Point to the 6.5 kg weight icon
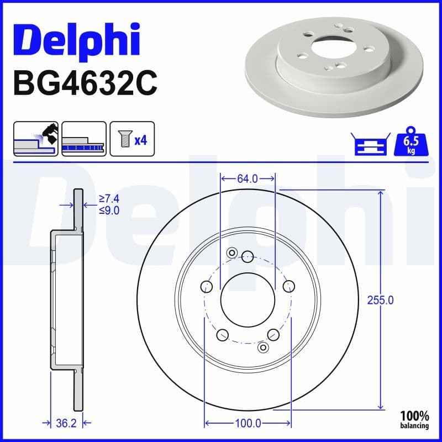coord(410,143)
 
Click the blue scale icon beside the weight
coord(369,144)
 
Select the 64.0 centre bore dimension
coord(248,178)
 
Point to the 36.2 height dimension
coord(66,423)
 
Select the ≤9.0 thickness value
coord(109,210)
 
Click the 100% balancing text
coord(415,419)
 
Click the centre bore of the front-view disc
coord(248,300)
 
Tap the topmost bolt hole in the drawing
coord(248,256)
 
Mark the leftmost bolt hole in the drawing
coord(206,286)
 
